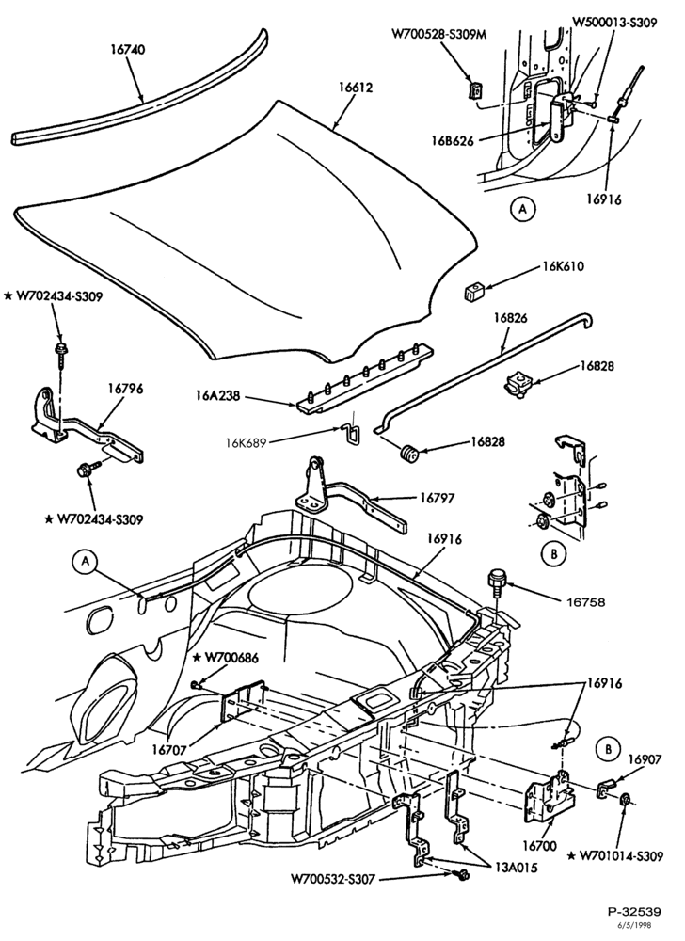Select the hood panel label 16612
click(x=355, y=87)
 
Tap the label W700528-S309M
click(x=439, y=34)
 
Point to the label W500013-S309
click(x=614, y=23)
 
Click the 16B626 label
click(x=452, y=141)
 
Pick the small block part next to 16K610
click(x=472, y=293)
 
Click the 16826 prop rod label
click(x=510, y=317)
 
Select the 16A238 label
click(x=217, y=395)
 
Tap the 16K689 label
click(x=246, y=443)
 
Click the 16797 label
click(x=437, y=498)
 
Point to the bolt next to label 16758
click(x=497, y=580)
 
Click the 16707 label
click(x=169, y=749)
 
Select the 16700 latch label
click(x=539, y=846)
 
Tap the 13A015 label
click(x=517, y=868)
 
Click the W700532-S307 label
click(x=333, y=879)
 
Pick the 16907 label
click(x=645, y=759)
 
